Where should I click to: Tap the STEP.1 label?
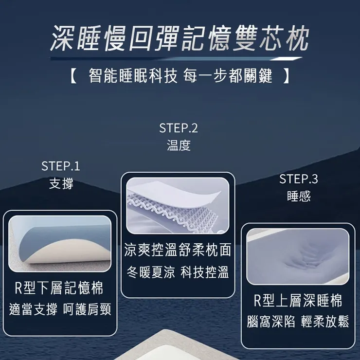click(61, 166)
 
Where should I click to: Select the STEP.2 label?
click(179, 128)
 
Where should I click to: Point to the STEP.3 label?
click(299, 179)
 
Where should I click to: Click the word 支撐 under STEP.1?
click(61, 184)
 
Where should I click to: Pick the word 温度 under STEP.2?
click(179, 146)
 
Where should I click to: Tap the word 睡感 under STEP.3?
click(299, 197)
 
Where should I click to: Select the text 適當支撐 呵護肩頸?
click(60, 309)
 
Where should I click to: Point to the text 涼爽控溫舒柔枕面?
click(178, 251)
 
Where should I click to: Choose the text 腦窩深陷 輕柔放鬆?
click(298, 322)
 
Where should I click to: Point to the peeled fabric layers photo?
click(177, 205)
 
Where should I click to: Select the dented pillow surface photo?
click(298, 256)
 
